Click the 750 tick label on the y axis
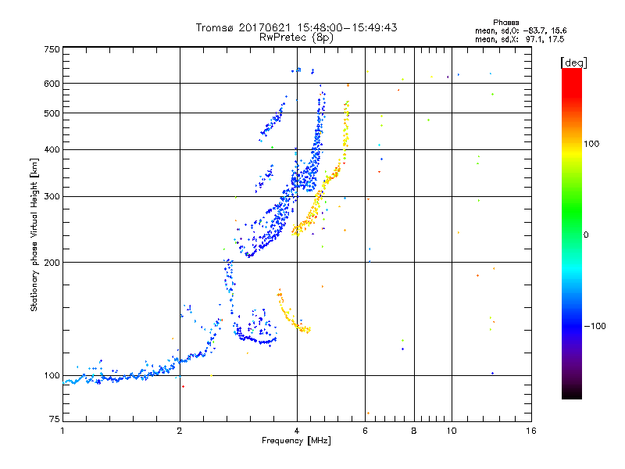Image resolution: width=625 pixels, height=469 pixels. [52, 49]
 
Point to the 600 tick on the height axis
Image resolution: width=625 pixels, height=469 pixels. [52, 84]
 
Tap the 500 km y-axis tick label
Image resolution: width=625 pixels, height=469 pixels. [52, 113]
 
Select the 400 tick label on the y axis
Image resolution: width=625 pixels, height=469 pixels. [52, 149]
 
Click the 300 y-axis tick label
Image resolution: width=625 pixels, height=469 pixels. [52, 196]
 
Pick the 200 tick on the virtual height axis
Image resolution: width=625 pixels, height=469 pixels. [52, 262]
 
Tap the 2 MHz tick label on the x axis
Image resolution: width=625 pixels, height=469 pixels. [180, 431]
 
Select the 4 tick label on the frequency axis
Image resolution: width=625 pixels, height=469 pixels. [297, 431]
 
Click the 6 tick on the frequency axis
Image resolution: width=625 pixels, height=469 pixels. [365, 431]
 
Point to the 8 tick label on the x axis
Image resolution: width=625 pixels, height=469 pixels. [414, 431]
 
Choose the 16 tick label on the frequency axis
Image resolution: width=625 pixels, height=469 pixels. [530, 431]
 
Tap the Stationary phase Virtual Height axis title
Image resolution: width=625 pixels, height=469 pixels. [34, 234]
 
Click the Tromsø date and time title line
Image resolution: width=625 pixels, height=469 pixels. [296, 27]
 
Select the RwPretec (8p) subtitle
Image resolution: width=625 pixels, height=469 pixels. [296, 37]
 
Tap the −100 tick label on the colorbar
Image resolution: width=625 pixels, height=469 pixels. [595, 325]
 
